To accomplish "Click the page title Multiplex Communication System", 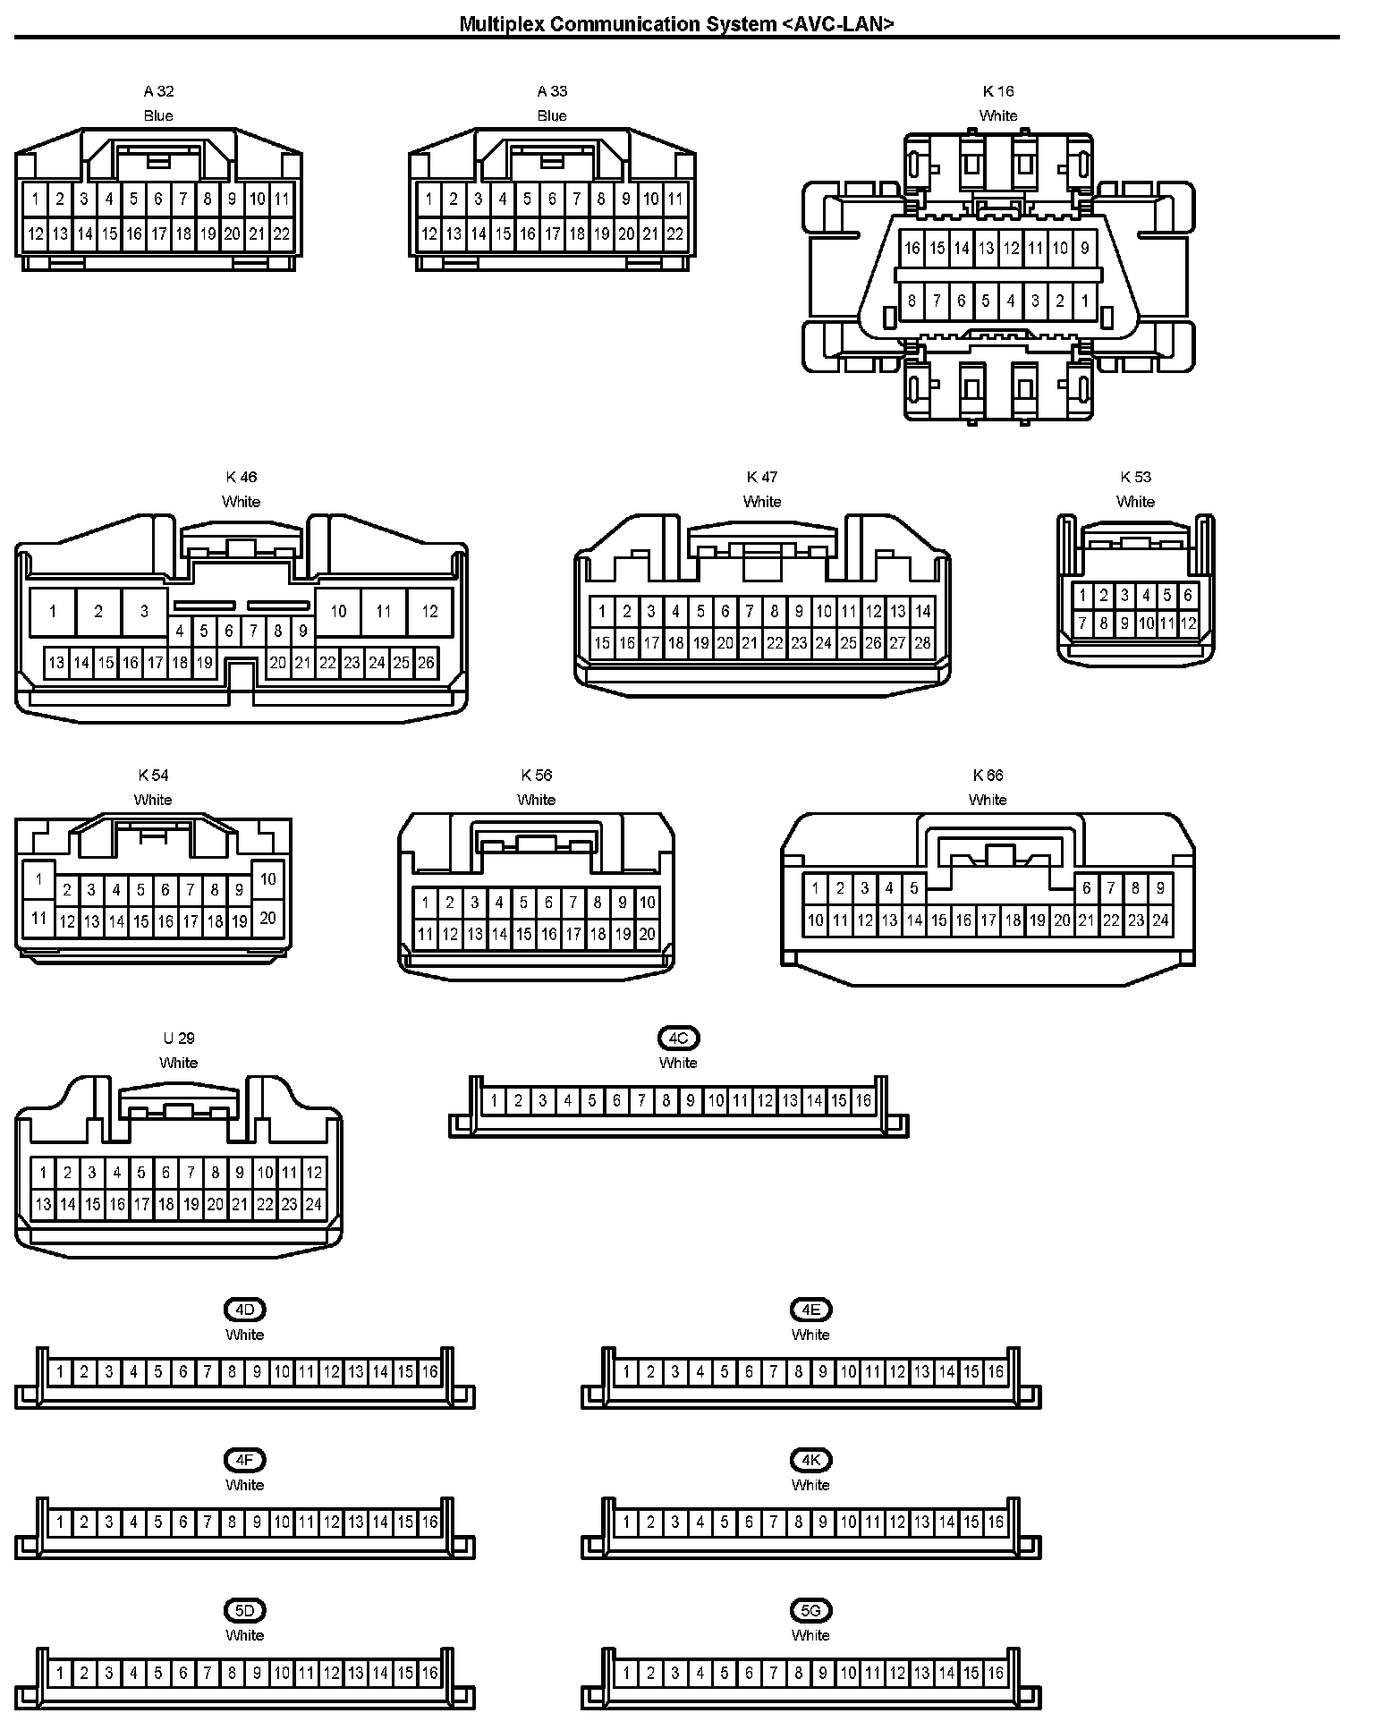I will tap(676, 23).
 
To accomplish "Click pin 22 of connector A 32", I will tap(281, 234).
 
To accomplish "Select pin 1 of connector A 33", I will tap(428, 199).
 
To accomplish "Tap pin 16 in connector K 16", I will tap(912, 248).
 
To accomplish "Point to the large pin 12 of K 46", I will tap(429, 612).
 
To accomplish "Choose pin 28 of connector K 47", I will tap(922, 642).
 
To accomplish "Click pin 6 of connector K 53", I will tap(1188, 595).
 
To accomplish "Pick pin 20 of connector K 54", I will tap(267, 918).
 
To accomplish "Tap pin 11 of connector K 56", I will tap(425, 934).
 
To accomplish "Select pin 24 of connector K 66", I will tap(1160, 920).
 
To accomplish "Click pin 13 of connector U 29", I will tap(43, 1204).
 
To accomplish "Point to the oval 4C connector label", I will tap(678, 1038).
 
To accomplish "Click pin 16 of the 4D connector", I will tap(429, 1371).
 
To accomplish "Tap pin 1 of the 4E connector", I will tap(626, 1371).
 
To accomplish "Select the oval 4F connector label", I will tap(244, 1460).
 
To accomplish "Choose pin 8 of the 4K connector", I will tap(799, 1522).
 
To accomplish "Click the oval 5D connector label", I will tap(244, 1610).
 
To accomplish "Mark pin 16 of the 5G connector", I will tap(996, 1672).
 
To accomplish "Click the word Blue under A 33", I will tap(552, 115).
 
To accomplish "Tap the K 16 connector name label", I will tap(998, 91).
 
